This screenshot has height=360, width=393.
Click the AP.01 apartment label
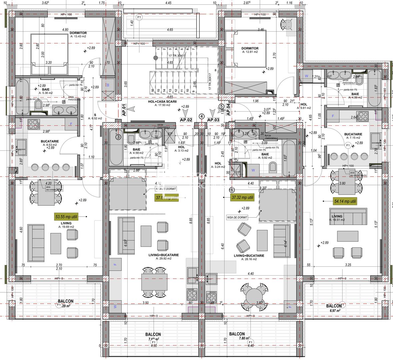124,110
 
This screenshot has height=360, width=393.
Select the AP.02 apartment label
186,119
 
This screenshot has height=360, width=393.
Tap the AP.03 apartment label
213,119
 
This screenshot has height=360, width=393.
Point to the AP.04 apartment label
228,110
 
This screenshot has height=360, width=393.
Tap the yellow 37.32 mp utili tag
242,197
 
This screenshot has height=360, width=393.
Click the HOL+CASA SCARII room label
162,103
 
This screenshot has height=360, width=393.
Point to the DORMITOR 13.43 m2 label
78,35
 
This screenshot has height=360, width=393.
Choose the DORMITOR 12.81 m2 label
250,50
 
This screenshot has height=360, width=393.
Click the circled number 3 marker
118,136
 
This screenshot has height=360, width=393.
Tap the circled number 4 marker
201,116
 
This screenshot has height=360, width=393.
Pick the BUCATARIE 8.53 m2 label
50,143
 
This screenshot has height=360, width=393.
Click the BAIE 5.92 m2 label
265,156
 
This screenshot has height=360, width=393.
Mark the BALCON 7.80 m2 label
237,336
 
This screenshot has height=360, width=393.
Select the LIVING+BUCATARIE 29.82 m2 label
164,256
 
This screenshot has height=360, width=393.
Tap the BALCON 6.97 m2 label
334,308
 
